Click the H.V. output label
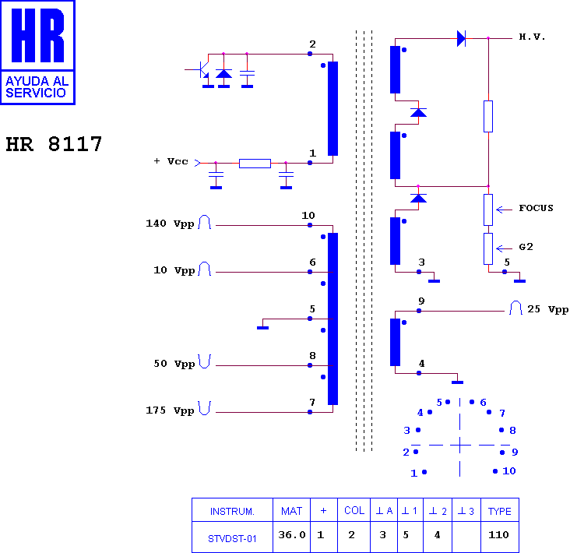pyautogui.click(x=532, y=37)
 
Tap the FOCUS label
pyautogui.click(x=536, y=208)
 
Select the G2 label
pyautogui.click(x=526, y=247)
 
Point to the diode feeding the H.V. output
pyautogui.click(x=461, y=38)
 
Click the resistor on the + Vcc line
pyautogui.click(x=255, y=164)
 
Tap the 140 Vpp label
pyautogui.click(x=170, y=224)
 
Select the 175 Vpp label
pyautogui.click(x=170, y=410)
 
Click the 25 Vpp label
pyautogui.click(x=548, y=309)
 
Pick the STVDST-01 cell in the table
pyautogui.click(x=232, y=538)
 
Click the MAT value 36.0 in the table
pyautogui.click(x=292, y=535)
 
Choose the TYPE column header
pyautogui.click(x=499, y=511)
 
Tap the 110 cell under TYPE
pyautogui.click(x=498, y=535)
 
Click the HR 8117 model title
pyautogui.click(x=54, y=143)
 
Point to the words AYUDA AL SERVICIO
pyautogui.click(x=37, y=87)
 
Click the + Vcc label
pyautogui.click(x=171, y=161)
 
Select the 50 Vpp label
pyautogui.click(x=174, y=364)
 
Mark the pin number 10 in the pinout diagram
pyautogui.click(x=509, y=471)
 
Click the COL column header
pyautogui.click(x=354, y=510)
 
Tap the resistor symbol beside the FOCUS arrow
pyautogui.click(x=488, y=210)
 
